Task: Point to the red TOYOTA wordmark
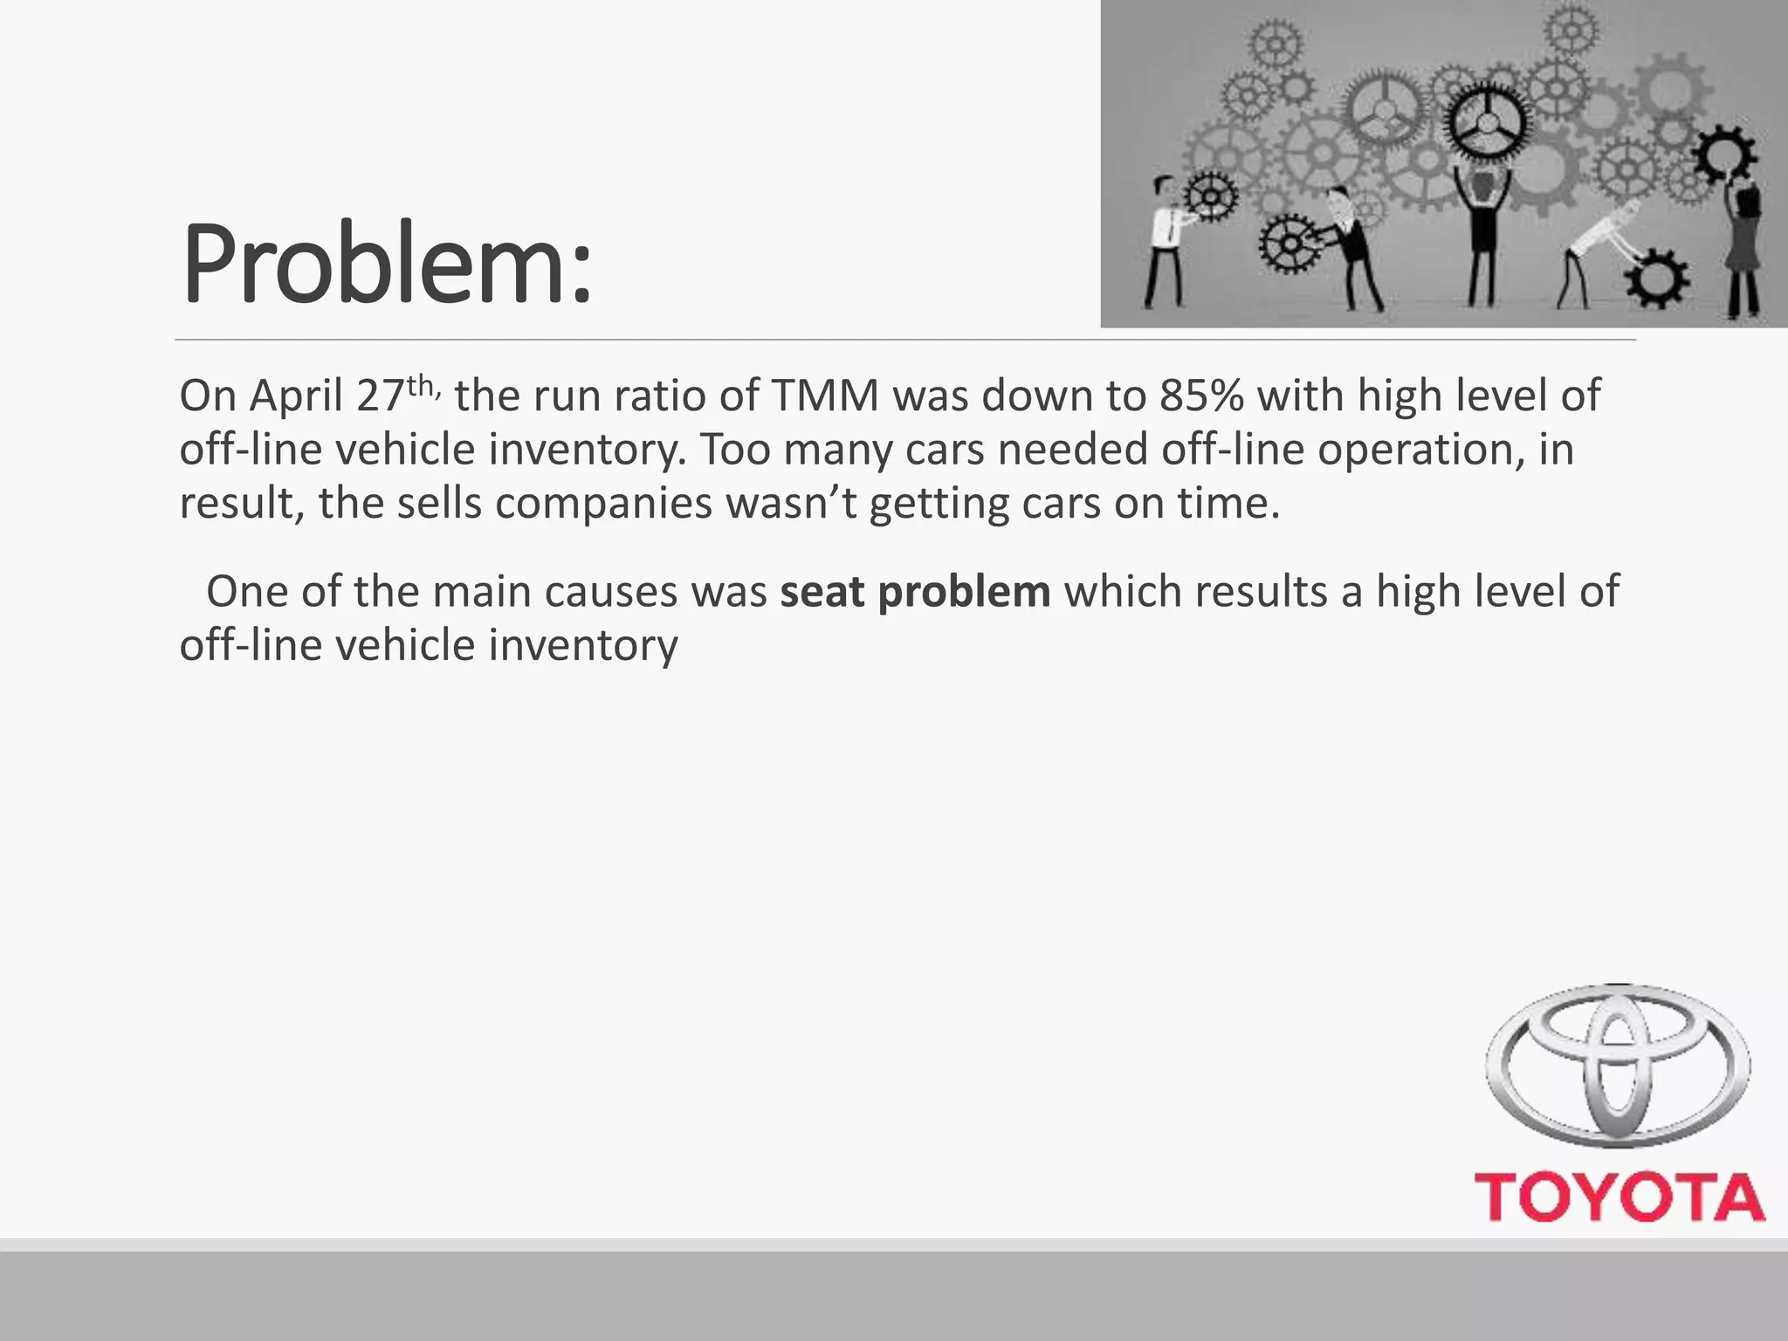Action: point(1620,1197)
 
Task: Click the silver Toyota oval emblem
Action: point(1618,1065)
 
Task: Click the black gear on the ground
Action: point(1656,279)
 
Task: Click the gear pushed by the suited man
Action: point(1289,243)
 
